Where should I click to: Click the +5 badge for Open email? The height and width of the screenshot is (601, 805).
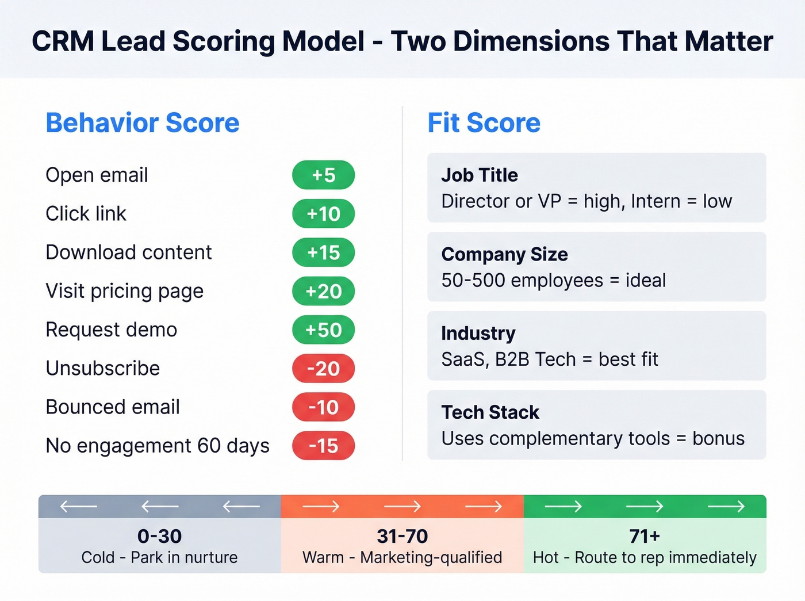323,175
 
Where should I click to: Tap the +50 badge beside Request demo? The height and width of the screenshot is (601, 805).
323,330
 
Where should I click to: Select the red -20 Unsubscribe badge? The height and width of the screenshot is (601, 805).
323,368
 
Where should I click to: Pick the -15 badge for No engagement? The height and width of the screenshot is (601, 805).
323,446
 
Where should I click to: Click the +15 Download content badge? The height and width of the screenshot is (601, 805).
323,252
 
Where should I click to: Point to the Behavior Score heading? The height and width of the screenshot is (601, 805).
143,123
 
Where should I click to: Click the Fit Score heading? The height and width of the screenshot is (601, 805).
484,123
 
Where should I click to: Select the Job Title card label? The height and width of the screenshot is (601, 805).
480,175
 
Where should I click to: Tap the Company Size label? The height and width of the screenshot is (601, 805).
504,254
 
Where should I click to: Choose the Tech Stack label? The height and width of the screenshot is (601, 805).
490,412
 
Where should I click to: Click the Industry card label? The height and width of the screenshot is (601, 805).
478,334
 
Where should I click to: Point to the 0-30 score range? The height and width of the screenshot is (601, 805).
159,536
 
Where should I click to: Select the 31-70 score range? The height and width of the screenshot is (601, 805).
402,536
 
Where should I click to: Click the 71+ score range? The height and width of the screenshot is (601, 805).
645,536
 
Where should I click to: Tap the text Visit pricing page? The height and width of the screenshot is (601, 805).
124,291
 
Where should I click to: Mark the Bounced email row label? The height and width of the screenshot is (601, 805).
113,407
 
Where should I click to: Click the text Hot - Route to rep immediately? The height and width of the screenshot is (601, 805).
645,557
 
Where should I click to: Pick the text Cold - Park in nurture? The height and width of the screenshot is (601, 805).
159,557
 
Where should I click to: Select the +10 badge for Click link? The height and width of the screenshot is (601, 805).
323,214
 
